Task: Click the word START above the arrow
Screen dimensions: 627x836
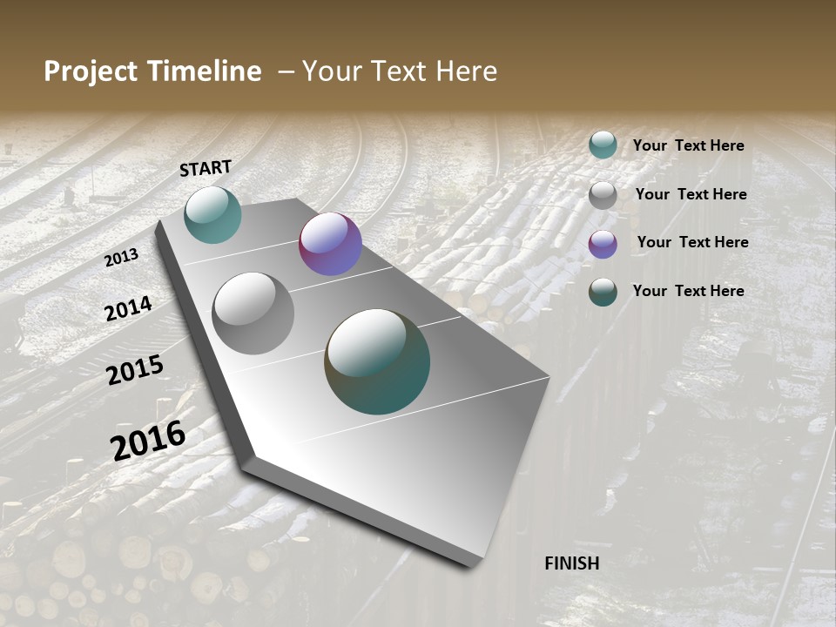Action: click(206, 168)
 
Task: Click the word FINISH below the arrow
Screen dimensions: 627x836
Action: click(571, 563)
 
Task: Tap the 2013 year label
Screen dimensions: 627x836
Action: click(122, 258)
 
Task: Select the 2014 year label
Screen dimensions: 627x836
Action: click(129, 308)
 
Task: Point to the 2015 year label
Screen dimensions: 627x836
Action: click(135, 370)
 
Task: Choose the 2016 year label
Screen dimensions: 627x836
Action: click(148, 440)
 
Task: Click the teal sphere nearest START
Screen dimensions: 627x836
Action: click(212, 214)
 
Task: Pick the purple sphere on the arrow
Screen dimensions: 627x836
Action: click(330, 244)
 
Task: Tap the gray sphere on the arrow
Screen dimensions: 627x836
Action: click(253, 313)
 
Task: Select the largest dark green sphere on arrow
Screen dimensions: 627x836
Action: click(377, 361)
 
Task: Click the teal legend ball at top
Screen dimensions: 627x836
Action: click(603, 145)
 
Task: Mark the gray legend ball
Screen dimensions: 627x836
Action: click(603, 195)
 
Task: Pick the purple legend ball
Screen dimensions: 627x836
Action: click(603, 244)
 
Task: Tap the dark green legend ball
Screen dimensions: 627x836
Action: click(603, 292)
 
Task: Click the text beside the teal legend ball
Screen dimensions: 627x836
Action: click(688, 146)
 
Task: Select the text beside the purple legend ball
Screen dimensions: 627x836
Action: click(692, 242)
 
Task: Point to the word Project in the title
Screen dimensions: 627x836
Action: click(90, 71)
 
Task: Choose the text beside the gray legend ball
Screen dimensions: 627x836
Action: click(691, 194)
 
